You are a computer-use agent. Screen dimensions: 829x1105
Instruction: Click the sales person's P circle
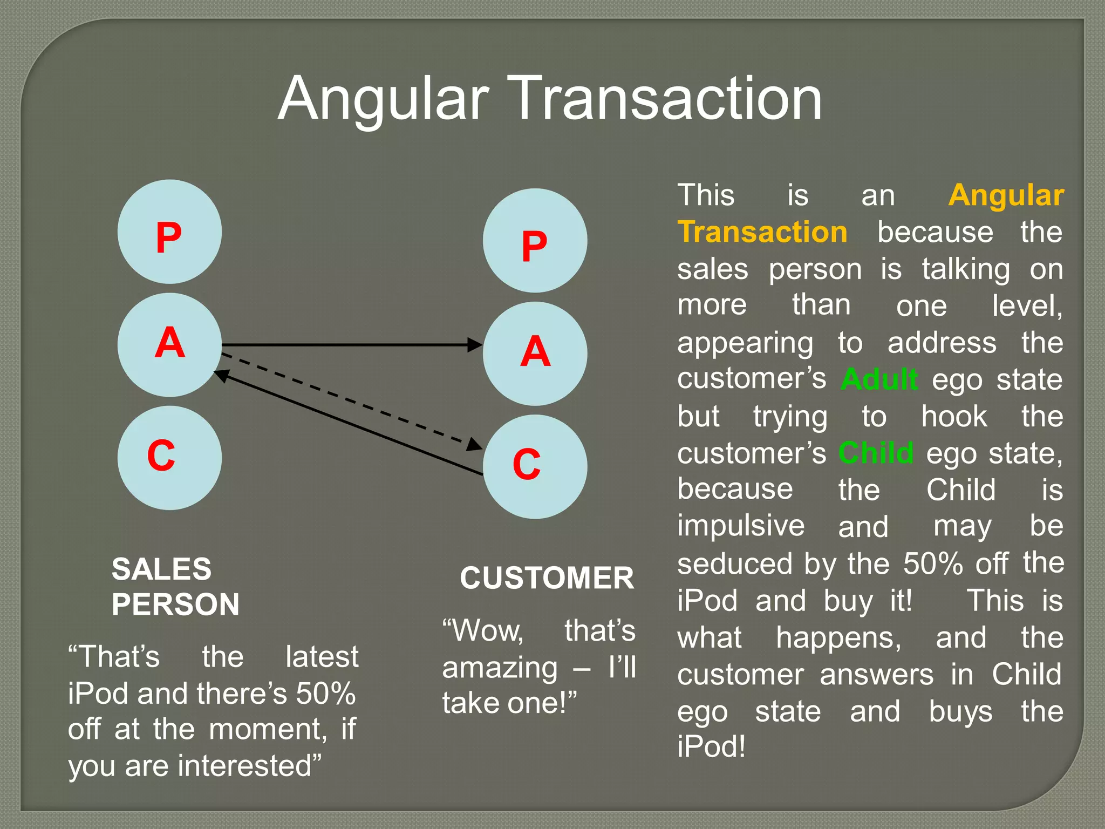coord(169,232)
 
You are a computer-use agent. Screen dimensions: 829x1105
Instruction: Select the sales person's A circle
coord(169,345)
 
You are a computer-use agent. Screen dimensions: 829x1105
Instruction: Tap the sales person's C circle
coord(169,458)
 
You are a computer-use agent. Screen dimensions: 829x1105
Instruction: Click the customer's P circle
coord(535,241)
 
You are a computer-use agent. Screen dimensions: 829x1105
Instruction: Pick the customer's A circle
coord(535,354)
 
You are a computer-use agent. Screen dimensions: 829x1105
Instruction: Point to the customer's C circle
coord(535,466)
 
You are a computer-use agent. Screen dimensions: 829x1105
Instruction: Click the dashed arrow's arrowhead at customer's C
coord(475,444)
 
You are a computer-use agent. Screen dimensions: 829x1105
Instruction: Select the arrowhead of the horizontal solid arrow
coord(475,344)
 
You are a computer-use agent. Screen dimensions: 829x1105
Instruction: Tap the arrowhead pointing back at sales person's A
coord(222,375)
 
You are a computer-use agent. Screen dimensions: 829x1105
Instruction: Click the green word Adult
coord(879,379)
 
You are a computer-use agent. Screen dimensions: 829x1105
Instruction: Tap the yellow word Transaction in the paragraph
coord(762,232)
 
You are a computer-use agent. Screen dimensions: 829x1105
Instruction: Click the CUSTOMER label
coord(547,578)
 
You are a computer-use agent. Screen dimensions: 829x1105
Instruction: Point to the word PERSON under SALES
coord(175,604)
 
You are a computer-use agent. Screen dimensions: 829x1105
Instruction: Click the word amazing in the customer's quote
coord(500,668)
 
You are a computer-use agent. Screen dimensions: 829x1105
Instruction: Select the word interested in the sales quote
coord(245,766)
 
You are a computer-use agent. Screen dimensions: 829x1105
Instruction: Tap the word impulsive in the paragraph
coord(741,526)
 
